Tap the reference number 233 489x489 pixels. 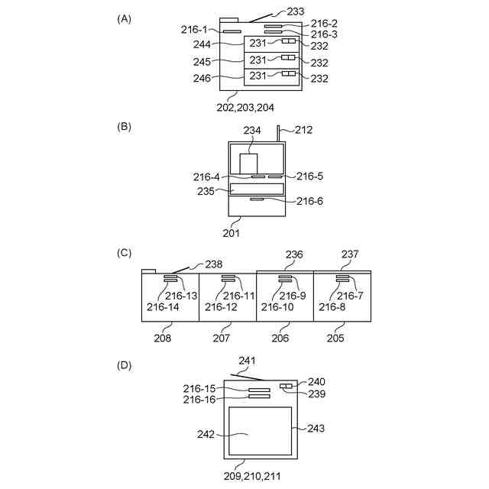point(296,11)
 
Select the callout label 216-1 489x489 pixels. point(194,29)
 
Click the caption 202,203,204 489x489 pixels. point(245,107)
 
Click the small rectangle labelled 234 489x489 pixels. point(248,164)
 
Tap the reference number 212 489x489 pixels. point(303,130)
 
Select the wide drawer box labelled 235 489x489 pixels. point(257,189)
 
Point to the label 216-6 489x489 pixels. point(309,202)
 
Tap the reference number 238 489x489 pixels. point(213,264)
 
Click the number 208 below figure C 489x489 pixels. point(162,337)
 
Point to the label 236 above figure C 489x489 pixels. point(293,254)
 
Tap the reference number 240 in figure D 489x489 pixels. point(316,381)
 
